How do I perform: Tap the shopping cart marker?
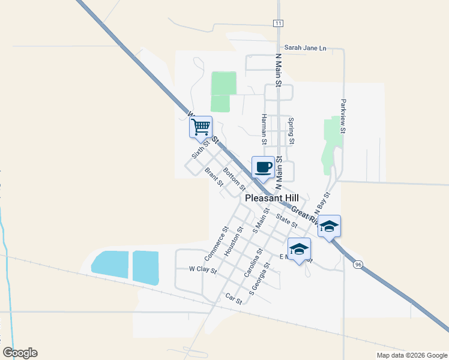200,127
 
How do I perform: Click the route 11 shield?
277,23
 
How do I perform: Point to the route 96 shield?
358,264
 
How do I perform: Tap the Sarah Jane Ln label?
305,47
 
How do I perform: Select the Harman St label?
263,130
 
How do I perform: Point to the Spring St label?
291,131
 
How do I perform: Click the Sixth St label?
200,147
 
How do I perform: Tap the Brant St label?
214,176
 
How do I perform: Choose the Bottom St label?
234,179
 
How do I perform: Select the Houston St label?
233,242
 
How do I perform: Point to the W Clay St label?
202,269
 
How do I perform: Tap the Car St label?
233,298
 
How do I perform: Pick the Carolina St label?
253,264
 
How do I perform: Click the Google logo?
20,353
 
